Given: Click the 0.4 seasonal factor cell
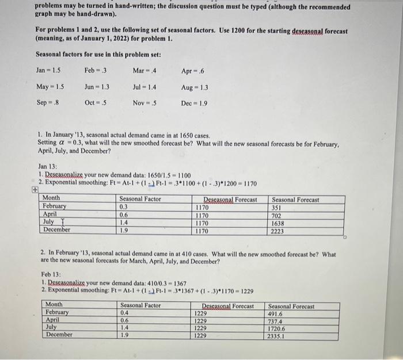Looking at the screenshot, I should click(125, 314).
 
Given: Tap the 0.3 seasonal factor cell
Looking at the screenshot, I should click(123, 207).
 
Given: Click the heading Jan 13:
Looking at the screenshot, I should click(48, 168).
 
